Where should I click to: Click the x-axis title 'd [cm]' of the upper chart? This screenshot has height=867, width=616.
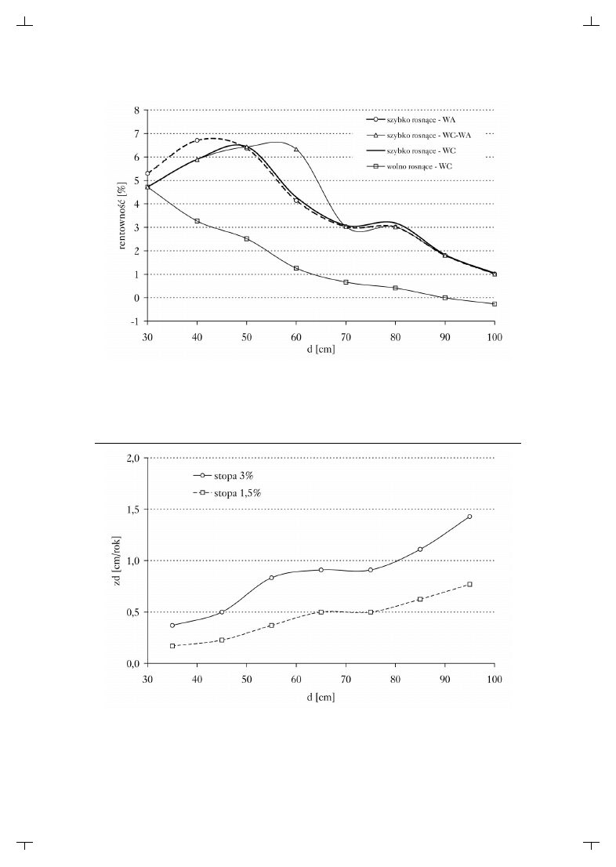[x=321, y=350]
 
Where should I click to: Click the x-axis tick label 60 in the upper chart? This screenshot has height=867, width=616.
[x=296, y=336]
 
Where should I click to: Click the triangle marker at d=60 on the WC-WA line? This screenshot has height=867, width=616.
[x=296, y=149]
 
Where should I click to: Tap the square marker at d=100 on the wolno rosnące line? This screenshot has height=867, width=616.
[x=495, y=304]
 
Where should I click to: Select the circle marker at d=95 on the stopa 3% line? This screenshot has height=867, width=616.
[x=469, y=517]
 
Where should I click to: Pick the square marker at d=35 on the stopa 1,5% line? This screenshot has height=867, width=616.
[x=172, y=646]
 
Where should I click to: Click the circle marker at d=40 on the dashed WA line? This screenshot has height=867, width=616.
[x=197, y=141]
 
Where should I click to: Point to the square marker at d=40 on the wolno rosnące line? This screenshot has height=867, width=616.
[x=197, y=221]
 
